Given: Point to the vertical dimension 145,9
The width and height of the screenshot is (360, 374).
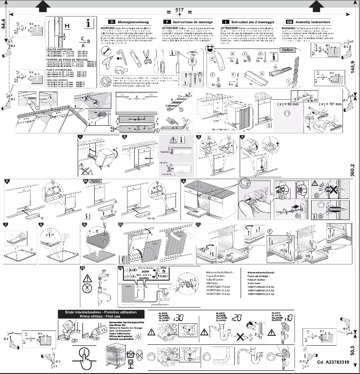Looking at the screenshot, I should tap(352, 68).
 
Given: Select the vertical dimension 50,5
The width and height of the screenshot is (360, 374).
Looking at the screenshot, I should tap(352, 349).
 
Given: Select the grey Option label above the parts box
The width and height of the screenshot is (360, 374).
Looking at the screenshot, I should tap(288, 50).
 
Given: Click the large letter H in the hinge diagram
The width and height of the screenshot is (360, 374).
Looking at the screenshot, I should tap(66, 26).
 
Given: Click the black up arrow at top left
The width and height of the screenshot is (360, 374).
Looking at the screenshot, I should tap(42, 5).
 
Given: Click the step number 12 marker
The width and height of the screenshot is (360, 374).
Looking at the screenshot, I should tap(82, 268).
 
